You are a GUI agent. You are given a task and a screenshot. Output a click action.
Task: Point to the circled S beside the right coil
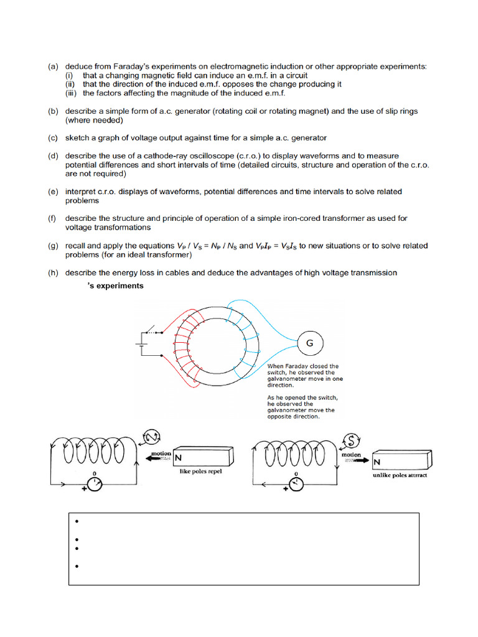(350, 440)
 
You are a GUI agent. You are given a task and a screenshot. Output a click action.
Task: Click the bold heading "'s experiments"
(116, 286)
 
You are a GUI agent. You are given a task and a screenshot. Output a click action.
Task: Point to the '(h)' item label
(54, 272)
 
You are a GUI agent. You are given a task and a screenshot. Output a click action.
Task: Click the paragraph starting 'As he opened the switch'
(302, 407)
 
